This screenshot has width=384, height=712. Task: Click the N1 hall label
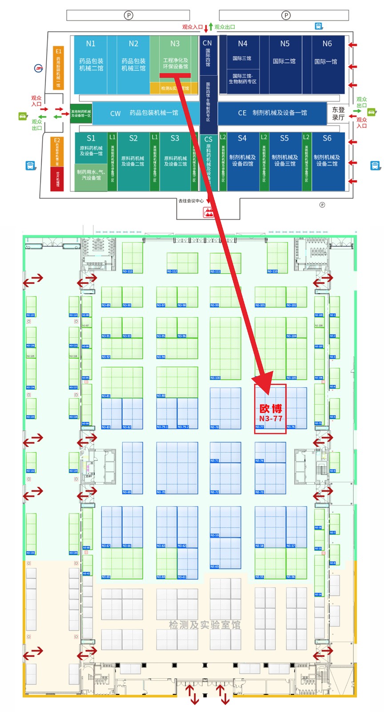point(91,44)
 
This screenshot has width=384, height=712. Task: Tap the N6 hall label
point(327,44)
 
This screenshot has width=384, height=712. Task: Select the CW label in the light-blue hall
point(115,113)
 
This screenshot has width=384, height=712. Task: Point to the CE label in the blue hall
point(242,113)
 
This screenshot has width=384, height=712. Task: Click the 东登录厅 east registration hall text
point(338,113)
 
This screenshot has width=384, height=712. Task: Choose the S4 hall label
point(242,138)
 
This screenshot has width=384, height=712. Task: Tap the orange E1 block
point(58,68)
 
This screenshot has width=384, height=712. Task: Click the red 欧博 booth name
point(271,409)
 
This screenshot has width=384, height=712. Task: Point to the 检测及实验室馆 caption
point(204,625)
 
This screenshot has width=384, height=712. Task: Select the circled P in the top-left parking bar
point(128,15)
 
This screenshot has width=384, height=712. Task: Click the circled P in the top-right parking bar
point(286,15)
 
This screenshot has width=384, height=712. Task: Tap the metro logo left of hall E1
point(39,68)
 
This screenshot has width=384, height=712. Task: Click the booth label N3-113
point(128,271)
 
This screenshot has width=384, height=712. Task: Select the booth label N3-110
point(272,271)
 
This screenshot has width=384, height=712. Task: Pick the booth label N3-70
point(161,492)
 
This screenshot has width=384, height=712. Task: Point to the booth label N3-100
point(215,378)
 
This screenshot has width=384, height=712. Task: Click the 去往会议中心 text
point(191,201)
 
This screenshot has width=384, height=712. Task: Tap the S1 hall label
point(91,138)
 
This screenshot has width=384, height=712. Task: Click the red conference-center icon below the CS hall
point(208,213)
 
